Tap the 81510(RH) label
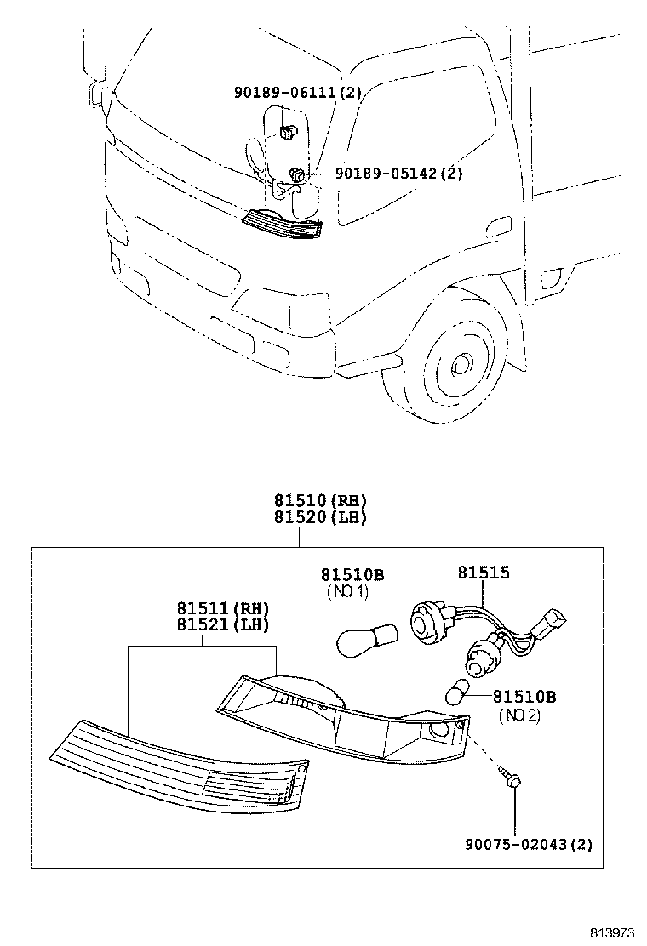pos(319,501)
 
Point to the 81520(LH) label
pos(319,517)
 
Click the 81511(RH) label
pos(223,609)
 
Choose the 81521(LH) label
pos(223,625)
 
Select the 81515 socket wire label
pos(484,573)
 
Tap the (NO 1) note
pos(352,592)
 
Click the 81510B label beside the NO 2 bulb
pos(524,697)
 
